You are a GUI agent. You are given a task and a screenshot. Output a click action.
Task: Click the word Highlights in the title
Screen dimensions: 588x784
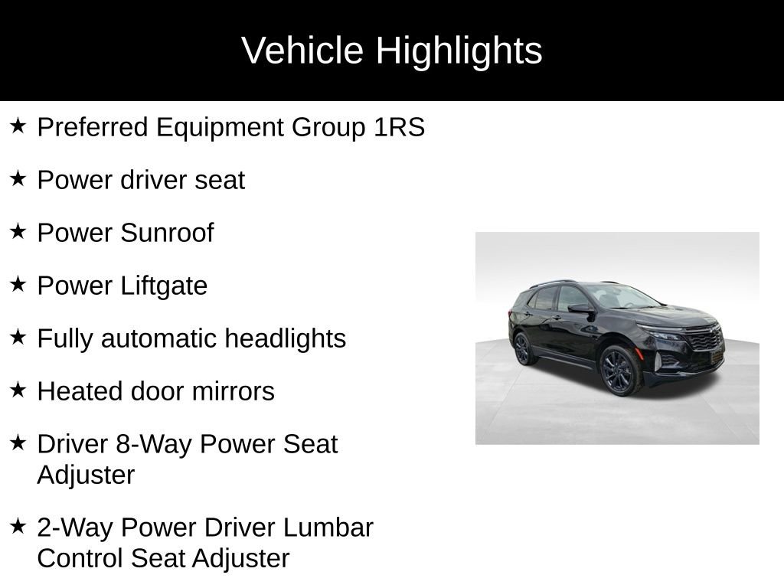tap(459, 51)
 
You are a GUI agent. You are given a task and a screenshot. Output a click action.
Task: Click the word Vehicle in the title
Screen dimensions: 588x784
tap(302, 51)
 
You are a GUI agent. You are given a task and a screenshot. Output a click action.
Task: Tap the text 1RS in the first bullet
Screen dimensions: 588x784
tap(399, 127)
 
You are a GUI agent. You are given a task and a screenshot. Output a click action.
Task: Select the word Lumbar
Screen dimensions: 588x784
tap(328, 528)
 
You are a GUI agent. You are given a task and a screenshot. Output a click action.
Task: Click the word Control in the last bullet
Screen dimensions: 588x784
tap(80, 558)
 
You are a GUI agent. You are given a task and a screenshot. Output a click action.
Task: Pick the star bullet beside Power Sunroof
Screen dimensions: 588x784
tap(18, 231)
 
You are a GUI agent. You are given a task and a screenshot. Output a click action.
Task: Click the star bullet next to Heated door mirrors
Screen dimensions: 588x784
tap(18, 390)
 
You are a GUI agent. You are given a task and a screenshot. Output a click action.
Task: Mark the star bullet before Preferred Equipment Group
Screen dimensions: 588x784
tap(18, 126)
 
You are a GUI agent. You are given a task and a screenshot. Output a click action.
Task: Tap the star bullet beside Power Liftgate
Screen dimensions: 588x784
tap(18, 284)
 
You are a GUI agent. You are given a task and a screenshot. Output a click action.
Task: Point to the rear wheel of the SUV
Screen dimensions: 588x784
tap(523, 348)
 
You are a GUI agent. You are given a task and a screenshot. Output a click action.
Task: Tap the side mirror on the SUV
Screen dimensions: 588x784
tap(580, 308)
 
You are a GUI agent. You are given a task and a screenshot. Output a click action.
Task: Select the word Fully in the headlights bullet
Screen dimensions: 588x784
tap(65, 338)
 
